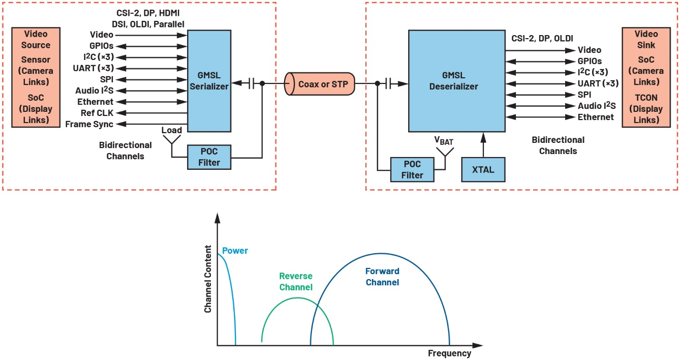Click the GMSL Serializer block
(x=208, y=81)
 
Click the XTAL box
(x=483, y=169)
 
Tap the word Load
(x=172, y=130)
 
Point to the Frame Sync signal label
(x=89, y=124)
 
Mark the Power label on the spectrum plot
(x=235, y=251)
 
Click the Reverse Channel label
(x=296, y=282)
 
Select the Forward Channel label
(x=382, y=277)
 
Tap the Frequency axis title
(x=449, y=353)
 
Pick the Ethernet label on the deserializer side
(x=596, y=117)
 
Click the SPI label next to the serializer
(x=106, y=79)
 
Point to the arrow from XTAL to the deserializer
(x=483, y=145)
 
